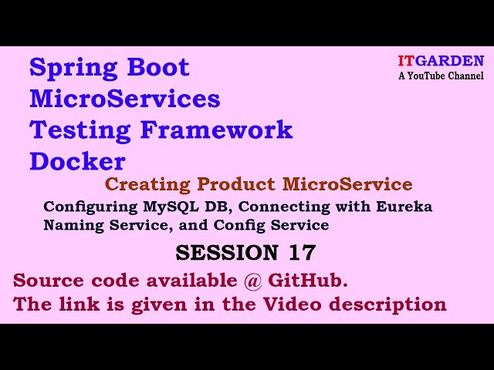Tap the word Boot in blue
pyautogui.click(x=158, y=68)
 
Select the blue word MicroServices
pyautogui.click(x=124, y=99)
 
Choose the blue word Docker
pyautogui.click(x=77, y=161)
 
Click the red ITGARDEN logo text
pyautogui.click(x=441, y=61)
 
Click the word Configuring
pyautogui.click(x=84, y=207)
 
